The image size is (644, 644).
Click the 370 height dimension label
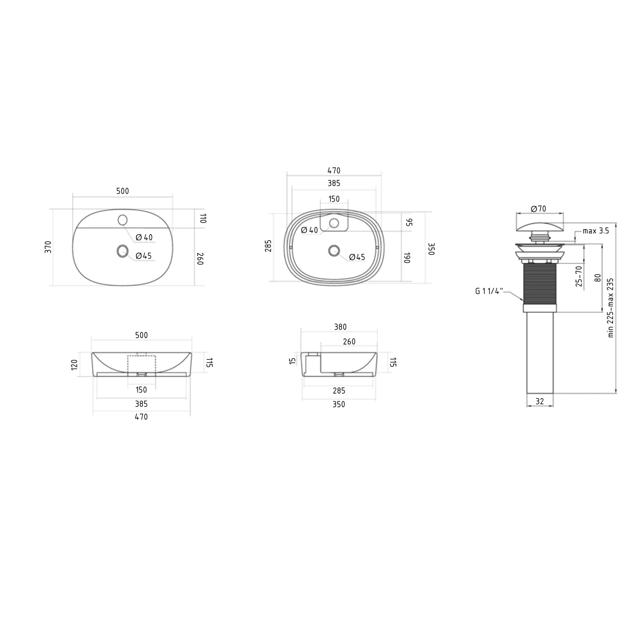pyautogui.click(x=48, y=247)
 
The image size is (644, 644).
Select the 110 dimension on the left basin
pyautogui.click(x=202, y=219)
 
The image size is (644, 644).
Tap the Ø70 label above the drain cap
pyautogui.click(x=539, y=208)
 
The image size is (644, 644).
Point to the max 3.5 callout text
pyautogui.click(x=596, y=231)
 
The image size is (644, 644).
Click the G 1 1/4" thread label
pyautogui.click(x=489, y=291)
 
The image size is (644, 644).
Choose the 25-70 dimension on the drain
pyautogui.click(x=579, y=276)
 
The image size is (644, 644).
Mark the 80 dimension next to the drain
pyautogui.click(x=597, y=278)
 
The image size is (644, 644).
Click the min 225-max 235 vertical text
pyautogui.click(x=611, y=308)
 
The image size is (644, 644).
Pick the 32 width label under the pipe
pyautogui.click(x=540, y=401)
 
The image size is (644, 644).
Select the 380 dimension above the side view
pyautogui.click(x=340, y=327)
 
